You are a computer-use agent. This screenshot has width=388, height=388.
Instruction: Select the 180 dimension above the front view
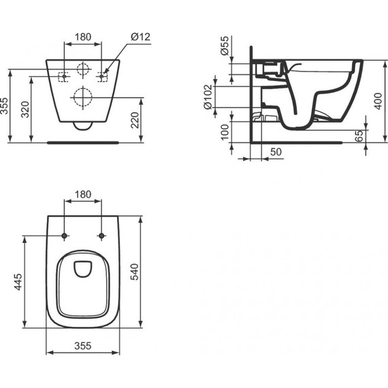pyautogui.click(x=82, y=35)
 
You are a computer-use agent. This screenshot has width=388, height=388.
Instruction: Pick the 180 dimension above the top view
pyautogui.click(x=82, y=195)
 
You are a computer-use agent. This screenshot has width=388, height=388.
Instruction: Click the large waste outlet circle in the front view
pyautogui.click(x=82, y=98)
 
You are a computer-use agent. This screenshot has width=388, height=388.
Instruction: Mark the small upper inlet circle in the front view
pyautogui.click(x=82, y=69)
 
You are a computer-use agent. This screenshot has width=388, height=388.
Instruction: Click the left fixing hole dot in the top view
pyautogui.click(x=64, y=236)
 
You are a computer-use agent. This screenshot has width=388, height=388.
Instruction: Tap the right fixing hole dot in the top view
pyautogui.click(x=102, y=236)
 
